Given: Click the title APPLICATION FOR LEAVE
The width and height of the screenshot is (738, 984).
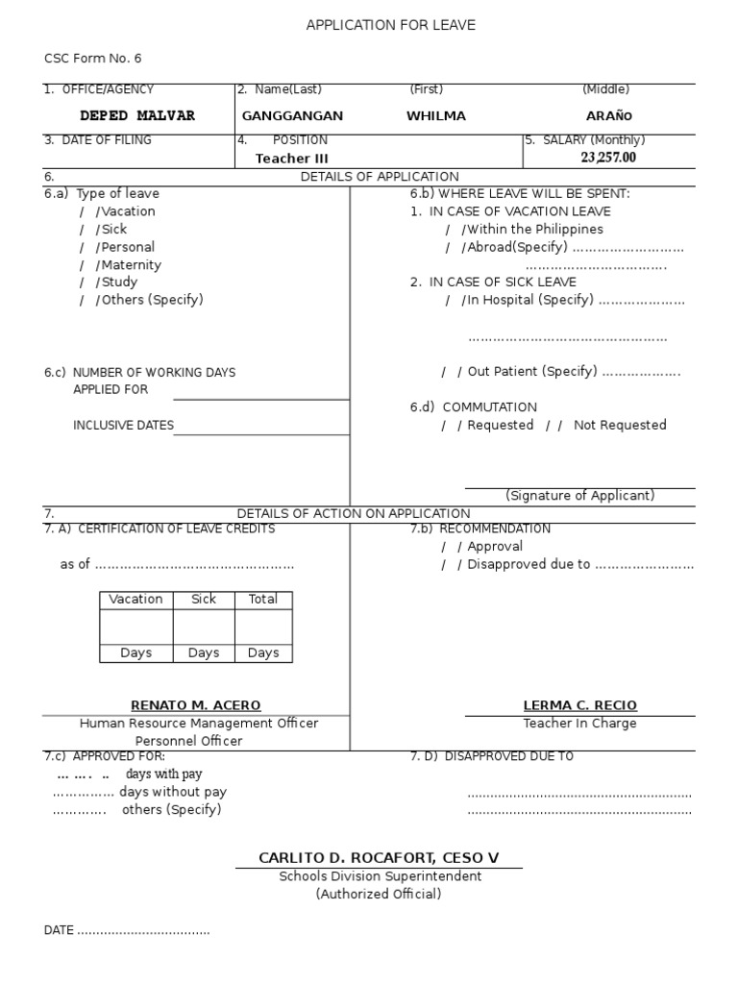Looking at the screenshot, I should click(x=390, y=25).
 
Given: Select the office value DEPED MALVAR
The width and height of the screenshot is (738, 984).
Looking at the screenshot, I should click(x=136, y=116).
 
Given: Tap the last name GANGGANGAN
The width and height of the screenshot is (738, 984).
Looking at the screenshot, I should click(x=292, y=116).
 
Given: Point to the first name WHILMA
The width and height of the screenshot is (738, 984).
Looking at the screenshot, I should click(x=435, y=116).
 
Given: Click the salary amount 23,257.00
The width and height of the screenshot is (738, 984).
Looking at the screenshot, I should click(x=607, y=158).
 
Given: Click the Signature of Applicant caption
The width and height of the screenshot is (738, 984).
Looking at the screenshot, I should click(x=579, y=496).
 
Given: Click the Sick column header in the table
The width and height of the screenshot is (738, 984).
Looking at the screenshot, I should click(x=204, y=599).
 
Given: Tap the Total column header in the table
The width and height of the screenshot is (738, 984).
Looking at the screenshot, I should click(x=262, y=599).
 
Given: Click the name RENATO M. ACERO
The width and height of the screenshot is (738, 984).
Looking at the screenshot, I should click(x=195, y=705).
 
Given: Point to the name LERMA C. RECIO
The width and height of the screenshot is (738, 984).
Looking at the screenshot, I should click(x=579, y=705).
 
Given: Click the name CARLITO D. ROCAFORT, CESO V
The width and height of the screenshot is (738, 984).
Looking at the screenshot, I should click(x=379, y=857).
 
